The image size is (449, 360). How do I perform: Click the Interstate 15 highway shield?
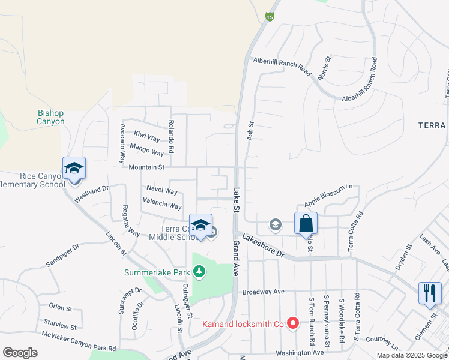point(270,16)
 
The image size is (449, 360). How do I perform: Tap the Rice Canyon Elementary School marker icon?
point(74,169)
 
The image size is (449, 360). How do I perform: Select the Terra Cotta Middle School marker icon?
point(201,226)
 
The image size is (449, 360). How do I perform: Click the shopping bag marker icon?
point(306,223)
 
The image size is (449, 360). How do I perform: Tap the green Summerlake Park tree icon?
point(199,272)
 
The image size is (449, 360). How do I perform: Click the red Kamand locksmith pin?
point(293,324)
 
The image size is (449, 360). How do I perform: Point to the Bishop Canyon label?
point(50,117)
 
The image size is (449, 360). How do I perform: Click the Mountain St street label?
point(146,167)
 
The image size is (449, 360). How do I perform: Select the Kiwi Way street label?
point(147,139)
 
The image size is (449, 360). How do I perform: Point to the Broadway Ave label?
point(263,292)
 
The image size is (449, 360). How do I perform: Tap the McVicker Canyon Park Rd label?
point(79,341)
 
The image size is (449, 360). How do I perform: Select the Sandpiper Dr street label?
point(62,256)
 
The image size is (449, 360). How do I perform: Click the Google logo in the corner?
point(20,353)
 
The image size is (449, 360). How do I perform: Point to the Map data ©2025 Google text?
point(411,355)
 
